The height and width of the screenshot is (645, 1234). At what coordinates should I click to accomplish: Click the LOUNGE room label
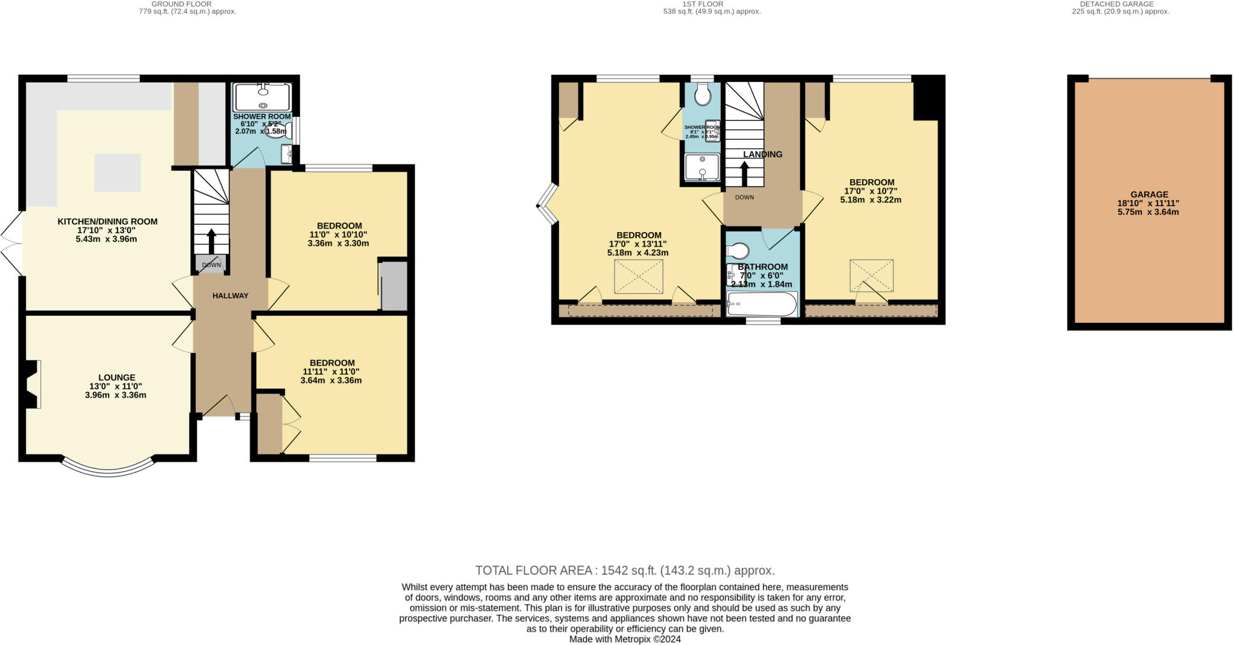click(116, 377)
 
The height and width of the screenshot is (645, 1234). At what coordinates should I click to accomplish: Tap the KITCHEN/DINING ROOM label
click(107, 221)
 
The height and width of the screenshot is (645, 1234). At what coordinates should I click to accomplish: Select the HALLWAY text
click(230, 295)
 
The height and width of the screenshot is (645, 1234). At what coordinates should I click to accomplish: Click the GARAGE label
click(1149, 194)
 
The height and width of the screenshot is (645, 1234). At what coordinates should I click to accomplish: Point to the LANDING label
click(762, 154)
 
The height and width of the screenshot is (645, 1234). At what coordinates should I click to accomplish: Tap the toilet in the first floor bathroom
click(738, 250)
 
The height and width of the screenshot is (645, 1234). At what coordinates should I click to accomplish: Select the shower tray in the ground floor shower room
click(262, 97)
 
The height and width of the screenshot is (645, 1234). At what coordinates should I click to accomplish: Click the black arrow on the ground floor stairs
click(211, 240)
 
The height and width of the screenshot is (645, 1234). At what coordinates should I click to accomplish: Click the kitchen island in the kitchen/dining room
click(117, 172)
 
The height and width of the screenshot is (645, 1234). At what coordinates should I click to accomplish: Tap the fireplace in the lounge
click(33, 384)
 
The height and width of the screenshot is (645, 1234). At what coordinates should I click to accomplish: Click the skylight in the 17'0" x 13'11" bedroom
click(638, 277)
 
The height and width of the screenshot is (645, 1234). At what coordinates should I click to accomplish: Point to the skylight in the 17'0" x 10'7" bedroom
click(871, 275)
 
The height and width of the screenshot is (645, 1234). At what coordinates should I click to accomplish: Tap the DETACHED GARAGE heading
click(1120, 4)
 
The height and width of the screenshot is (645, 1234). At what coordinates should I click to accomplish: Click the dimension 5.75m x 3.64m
click(1149, 212)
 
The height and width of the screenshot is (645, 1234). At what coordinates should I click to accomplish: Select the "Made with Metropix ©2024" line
click(625, 639)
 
